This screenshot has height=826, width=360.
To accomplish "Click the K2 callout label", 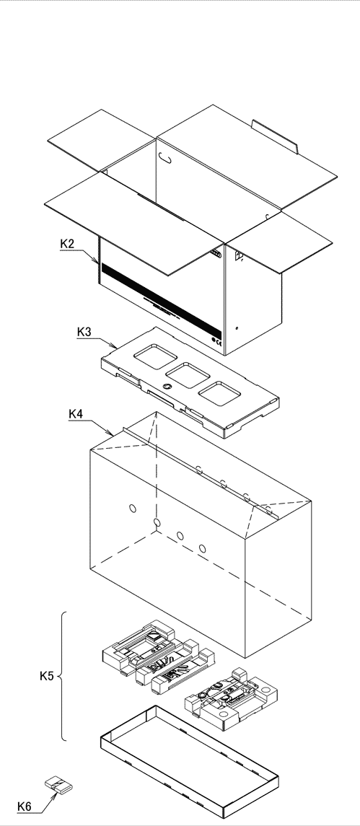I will (x=67, y=245).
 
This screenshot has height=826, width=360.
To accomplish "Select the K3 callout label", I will (x=85, y=332).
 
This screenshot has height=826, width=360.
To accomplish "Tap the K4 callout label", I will (x=76, y=414).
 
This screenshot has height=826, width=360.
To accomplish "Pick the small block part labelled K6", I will (x=57, y=785).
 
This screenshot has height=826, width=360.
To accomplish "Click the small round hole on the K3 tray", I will (x=167, y=387).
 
